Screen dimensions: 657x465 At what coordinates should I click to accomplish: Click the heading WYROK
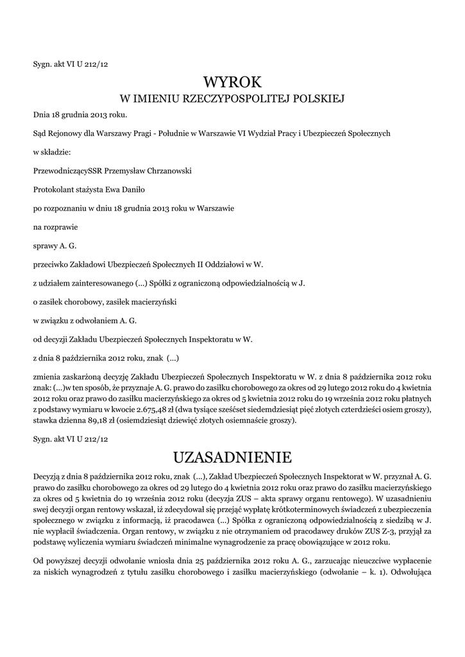232,82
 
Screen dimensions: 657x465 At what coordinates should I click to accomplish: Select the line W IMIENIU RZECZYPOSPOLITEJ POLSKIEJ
232,99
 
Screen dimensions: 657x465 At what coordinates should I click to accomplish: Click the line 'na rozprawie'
52,226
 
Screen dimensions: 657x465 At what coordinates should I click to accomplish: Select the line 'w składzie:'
52,153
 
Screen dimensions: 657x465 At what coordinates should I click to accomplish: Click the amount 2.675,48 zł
158,409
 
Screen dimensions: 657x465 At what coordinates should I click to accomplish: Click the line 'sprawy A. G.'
55,245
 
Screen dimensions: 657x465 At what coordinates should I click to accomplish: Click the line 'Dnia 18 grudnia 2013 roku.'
80,115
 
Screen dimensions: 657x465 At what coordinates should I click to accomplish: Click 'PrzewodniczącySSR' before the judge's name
69,171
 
